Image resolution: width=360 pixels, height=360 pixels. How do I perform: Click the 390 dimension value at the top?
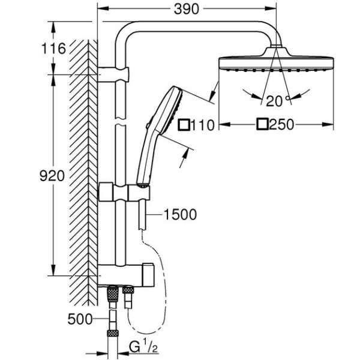[x=186, y=10]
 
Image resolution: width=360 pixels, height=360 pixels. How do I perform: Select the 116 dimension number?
[x=53, y=49]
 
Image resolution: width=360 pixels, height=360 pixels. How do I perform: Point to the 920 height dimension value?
[x=52, y=176]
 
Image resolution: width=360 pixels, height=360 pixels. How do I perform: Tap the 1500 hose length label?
[x=180, y=214]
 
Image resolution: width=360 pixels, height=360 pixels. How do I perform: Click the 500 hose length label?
[x=80, y=319]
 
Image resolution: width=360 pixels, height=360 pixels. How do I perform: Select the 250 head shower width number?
[x=282, y=125]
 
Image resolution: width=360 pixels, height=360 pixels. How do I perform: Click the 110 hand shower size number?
[x=203, y=125]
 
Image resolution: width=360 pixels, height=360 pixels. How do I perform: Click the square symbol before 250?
[x=262, y=124]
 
